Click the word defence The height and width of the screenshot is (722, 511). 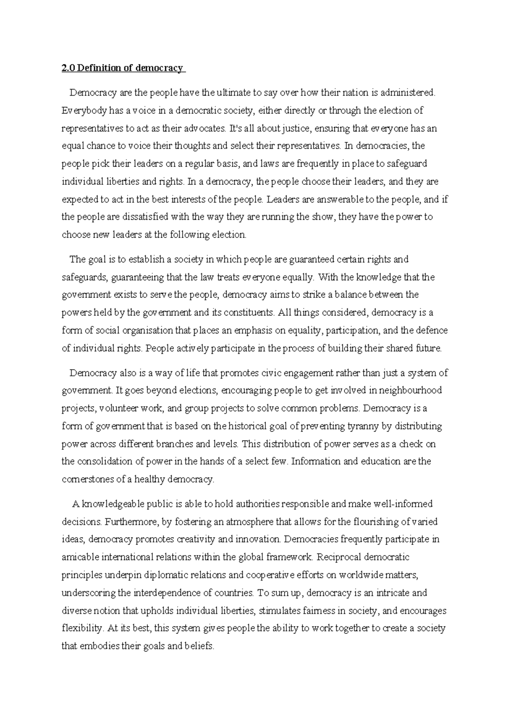tap(431, 330)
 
